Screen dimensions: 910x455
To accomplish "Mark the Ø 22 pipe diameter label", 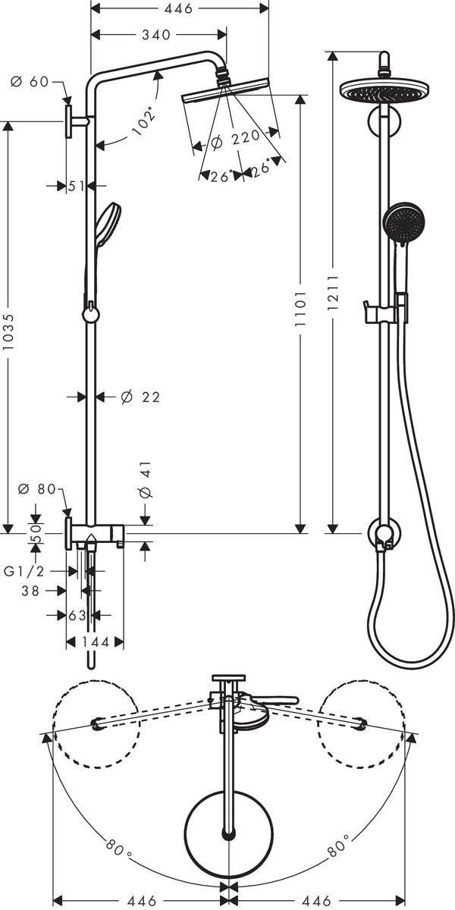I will point(140,397).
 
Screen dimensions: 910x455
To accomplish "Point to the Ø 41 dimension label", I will point(146,481).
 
